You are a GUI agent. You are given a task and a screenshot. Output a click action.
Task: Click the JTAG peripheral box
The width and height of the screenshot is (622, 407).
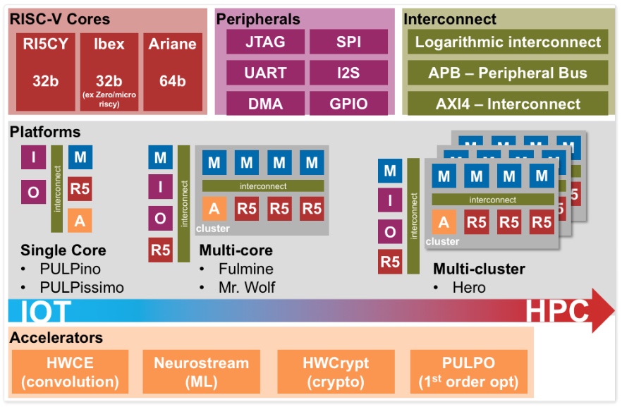coord(265,42)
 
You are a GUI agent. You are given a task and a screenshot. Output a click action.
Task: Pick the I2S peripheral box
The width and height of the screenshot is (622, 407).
coord(348,73)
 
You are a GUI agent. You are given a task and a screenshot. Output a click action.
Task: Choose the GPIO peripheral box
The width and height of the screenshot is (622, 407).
coord(348,104)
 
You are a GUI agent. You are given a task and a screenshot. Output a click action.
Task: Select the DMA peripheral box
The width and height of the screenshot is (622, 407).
coord(265,104)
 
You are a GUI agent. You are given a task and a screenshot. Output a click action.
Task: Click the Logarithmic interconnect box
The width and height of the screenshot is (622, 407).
coord(508,42)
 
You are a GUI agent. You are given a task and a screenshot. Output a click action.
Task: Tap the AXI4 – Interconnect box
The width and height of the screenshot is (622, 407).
coord(508,104)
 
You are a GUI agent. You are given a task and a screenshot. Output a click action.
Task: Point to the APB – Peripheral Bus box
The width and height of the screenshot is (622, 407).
coord(508,73)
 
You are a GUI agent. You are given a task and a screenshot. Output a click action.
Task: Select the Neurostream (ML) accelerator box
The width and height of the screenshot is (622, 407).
coord(202,372)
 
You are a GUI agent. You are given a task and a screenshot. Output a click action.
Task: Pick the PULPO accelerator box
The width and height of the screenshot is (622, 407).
coord(468,372)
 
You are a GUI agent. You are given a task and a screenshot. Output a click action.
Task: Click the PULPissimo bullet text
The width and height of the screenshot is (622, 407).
coord(81,287)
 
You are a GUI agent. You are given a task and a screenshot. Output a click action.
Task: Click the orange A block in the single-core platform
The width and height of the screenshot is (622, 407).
coord(80,221)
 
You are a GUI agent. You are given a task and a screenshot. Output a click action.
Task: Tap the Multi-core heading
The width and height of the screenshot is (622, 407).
coord(236,250)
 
